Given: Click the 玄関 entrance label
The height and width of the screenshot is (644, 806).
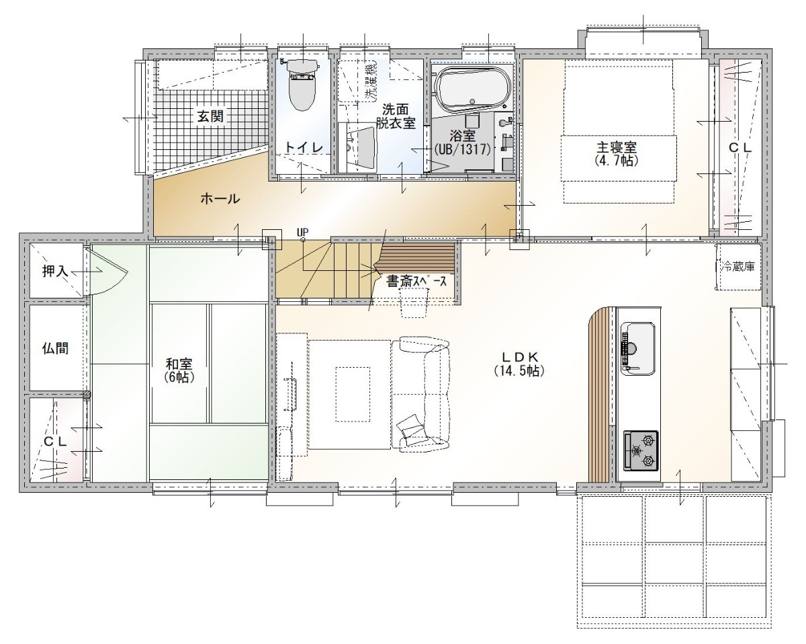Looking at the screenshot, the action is (210, 116).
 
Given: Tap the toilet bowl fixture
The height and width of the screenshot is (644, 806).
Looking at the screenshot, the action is (303, 85).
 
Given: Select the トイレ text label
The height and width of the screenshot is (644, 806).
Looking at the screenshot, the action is (304, 147).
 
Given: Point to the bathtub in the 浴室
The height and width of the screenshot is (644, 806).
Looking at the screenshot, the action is (474, 90).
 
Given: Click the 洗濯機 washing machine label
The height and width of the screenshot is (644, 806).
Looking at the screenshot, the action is (371, 83).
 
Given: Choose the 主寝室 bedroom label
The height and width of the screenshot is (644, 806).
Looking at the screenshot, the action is (617, 147).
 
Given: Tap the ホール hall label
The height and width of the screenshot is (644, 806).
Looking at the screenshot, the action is (220, 199).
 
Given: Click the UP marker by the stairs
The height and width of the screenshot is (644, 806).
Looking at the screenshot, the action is (303, 233).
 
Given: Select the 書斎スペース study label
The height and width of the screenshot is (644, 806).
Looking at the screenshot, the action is (416, 281).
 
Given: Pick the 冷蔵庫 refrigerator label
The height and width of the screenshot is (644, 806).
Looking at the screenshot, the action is (738, 266).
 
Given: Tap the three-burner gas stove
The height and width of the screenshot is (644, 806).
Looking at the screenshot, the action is (641, 450).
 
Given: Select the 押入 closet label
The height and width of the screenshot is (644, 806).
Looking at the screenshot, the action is (55, 271).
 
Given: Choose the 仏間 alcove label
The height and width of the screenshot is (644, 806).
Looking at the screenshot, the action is (55, 349).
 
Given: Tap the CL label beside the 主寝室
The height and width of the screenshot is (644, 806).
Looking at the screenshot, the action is (740, 148).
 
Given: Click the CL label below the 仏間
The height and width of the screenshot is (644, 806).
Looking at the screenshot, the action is (55, 442).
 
